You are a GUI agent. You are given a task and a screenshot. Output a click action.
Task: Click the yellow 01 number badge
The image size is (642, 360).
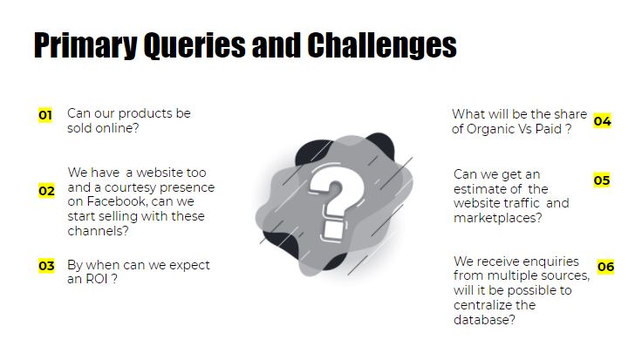click(x=45, y=115)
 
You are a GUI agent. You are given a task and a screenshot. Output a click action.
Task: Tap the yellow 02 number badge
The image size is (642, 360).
click(x=46, y=191)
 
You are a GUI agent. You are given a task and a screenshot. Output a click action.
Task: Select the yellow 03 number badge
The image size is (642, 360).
click(x=46, y=266)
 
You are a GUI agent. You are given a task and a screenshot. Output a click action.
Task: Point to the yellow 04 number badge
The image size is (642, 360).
click(x=602, y=120)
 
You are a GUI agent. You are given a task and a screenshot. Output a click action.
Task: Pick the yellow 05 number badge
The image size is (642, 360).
click(x=602, y=180)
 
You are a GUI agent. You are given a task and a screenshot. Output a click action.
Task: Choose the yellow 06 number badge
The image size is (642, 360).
click(x=605, y=267)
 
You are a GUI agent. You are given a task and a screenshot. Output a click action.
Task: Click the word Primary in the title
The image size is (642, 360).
click(x=85, y=46)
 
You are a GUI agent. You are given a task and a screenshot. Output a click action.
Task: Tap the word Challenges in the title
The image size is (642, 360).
click(x=382, y=46)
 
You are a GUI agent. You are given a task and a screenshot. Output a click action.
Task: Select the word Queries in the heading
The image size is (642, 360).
click(x=195, y=46)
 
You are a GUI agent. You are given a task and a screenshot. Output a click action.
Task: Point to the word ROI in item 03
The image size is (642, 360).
click(x=98, y=279)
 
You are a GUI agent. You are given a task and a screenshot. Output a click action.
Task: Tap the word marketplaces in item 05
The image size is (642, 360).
click(x=498, y=218)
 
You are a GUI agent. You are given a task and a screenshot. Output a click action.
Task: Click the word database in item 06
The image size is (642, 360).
click(x=484, y=320)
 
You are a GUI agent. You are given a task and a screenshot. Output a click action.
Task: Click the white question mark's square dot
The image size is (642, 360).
click(x=333, y=230)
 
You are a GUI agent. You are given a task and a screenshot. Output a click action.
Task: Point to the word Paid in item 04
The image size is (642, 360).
click(x=549, y=129)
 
